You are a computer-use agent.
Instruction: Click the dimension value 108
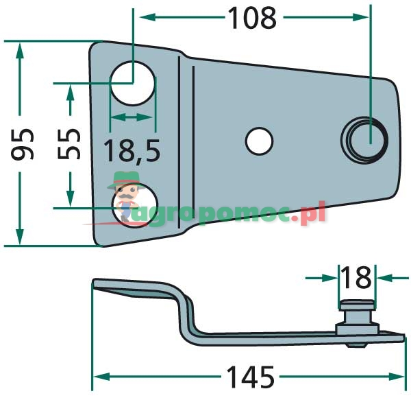[251, 19]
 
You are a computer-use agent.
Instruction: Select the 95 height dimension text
[25, 143]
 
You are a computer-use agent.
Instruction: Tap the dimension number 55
[70, 144]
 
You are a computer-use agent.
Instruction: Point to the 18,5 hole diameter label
[132, 150]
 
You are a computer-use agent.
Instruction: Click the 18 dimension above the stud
[356, 278]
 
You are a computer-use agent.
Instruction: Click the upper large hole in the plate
[133, 81]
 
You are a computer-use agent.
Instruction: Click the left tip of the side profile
[95, 284]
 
